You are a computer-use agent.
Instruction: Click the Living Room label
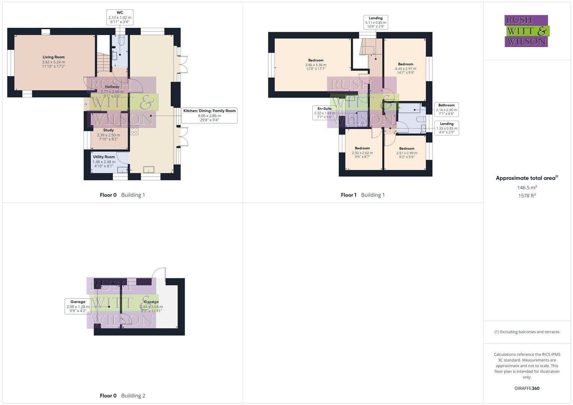pyautogui.click(x=53, y=61)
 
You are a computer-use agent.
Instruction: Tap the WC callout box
pyautogui.click(x=120, y=17)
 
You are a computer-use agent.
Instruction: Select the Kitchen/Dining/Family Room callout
pyautogui.click(x=209, y=115)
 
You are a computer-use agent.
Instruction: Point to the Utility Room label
pyautogui.click(x=104, y=161)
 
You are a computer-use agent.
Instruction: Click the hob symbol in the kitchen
pyautogui.click(x=134, y=130)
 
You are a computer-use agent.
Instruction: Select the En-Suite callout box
pyautogui.click(x=325, y=112)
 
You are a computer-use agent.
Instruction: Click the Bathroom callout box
pyautogui.click(x=446, y=109)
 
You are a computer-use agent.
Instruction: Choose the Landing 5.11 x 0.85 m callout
pyautogui.click(x=375, y=22)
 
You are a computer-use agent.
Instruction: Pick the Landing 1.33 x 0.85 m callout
pyautogui.click(x=446, y=128)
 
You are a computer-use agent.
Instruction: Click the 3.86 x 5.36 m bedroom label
pyautogui.click(x=316, y=64)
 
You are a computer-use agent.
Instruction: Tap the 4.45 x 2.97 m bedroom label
pyautogui.click(x=405, y=68)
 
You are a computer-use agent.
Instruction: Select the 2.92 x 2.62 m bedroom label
pyautogui.click(x=362, y=152)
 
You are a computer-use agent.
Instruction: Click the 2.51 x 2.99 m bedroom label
pyautogui.click(x=406, y=153)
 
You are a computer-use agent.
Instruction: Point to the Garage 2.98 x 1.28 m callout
pyautogui.click(x=78, y=306)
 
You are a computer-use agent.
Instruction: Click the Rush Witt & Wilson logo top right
pyautogui.click(x=526, y=31)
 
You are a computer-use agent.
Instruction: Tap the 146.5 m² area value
pyautogui.click(x=527, y=187)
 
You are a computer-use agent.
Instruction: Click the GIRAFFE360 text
pyautogui.click(x=526, y=388)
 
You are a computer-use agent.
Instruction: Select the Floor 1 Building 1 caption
pyautogui.click(x=362, y=195)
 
